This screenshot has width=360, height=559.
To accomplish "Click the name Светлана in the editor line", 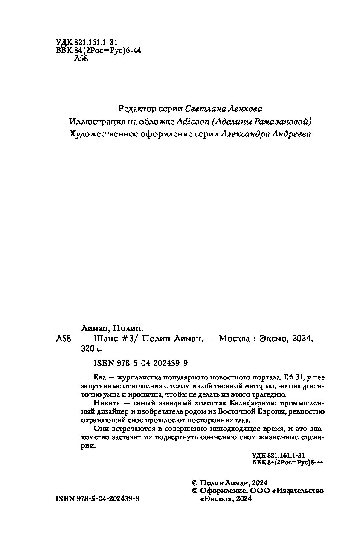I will (203, 108).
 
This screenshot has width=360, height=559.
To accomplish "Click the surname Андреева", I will (290, 134).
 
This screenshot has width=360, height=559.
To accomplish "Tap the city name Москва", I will (235, 339).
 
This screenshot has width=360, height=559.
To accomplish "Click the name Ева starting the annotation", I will (99, 378).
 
